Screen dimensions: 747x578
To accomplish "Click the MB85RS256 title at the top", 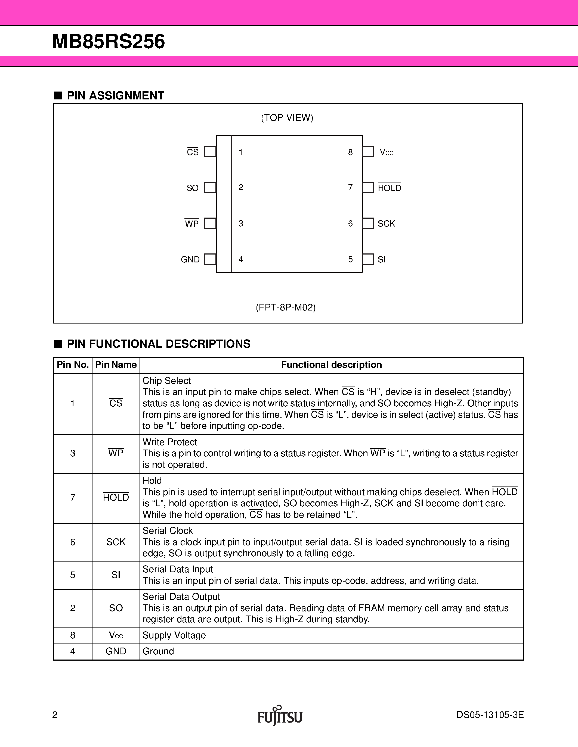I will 108,42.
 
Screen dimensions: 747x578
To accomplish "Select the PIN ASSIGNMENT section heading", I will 115,96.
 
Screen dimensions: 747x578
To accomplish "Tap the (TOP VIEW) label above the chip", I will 287,118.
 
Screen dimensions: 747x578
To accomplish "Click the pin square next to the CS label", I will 210,152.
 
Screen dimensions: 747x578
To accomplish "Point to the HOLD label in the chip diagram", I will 389,188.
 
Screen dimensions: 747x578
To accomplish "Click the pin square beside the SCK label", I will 368,223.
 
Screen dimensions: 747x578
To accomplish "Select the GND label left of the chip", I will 190,260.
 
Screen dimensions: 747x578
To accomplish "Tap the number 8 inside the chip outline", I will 350,153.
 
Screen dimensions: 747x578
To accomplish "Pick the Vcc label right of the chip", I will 386,153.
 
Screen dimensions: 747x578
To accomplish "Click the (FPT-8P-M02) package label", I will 286,307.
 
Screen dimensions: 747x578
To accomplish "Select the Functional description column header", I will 331,365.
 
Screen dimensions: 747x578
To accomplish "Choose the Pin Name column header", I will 116,365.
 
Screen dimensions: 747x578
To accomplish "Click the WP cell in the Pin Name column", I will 116,453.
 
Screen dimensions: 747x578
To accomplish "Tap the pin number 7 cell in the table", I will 73,498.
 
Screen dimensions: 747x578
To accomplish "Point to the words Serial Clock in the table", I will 168,531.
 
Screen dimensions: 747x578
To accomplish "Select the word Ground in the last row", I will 158,651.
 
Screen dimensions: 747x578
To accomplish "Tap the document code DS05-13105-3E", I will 490,715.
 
